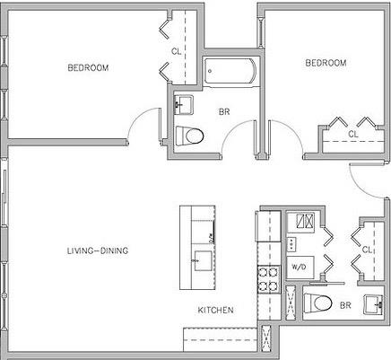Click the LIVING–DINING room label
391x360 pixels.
(x=98, y=251)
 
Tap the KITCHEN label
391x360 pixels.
(x=216, y=310)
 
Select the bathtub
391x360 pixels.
(x=229, y=71)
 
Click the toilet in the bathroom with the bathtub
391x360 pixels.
(x=190, y=136)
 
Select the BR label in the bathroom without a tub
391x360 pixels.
(x=345, y=305)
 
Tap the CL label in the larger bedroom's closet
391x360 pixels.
(x=176, y=51)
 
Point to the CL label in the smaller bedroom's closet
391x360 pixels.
(x=352, y=135)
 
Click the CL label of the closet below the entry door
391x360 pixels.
(x=368, y=250)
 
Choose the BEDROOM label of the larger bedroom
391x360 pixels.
(x=88, y=68)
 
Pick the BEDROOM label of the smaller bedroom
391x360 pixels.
(x=325, y=63)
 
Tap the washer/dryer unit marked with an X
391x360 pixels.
(x=304, y=221)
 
